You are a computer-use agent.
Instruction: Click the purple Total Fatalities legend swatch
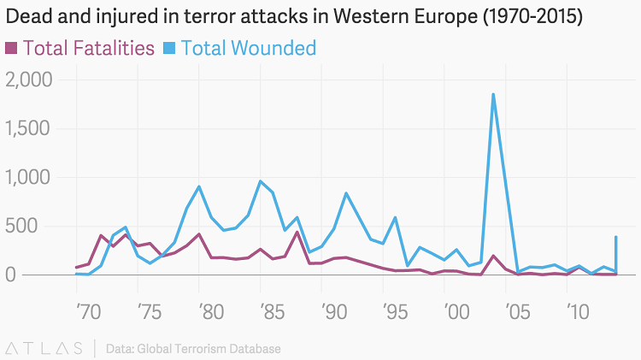pos(11,48)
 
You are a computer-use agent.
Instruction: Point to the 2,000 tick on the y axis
pos(29,80)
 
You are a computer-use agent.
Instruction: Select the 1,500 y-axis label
pos(29,128)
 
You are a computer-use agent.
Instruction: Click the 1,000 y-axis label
pos(29,178)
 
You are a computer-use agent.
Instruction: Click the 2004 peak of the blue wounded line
pos(493,94)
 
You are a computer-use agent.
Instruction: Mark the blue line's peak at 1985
pos(261,181)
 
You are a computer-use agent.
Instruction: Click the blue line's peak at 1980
pos(199,186)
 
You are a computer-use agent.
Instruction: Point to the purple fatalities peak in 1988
pos(297,232)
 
